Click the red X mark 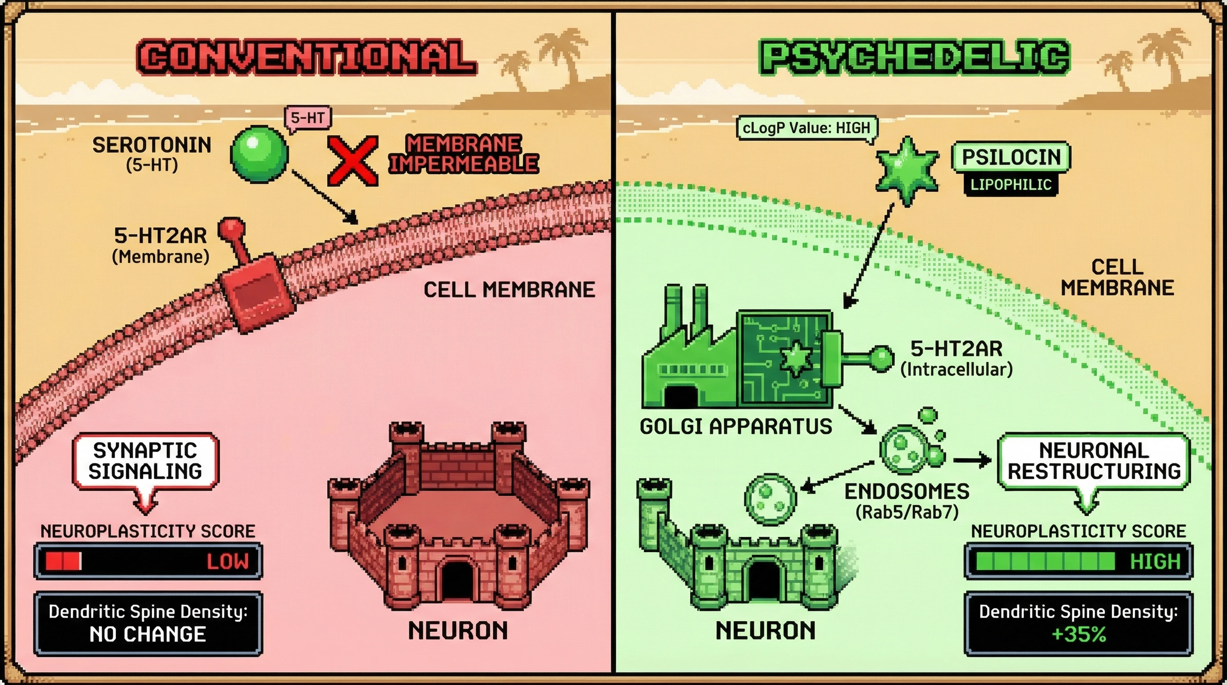pos(353,161)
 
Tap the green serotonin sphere pos(259,154)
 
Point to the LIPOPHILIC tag pos(1011,184)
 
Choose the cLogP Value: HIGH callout pos(807,128)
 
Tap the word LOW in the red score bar pos(228,561)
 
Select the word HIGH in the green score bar pos(1155,561)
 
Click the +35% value pos(1079,635)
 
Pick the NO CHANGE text pos(148,635)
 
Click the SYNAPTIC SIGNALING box pos(145,461)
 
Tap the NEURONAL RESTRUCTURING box pos(1094,461)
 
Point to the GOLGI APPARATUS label pos(735,426)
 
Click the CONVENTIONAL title pos(306,57)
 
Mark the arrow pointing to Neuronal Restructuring pos(972,460)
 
